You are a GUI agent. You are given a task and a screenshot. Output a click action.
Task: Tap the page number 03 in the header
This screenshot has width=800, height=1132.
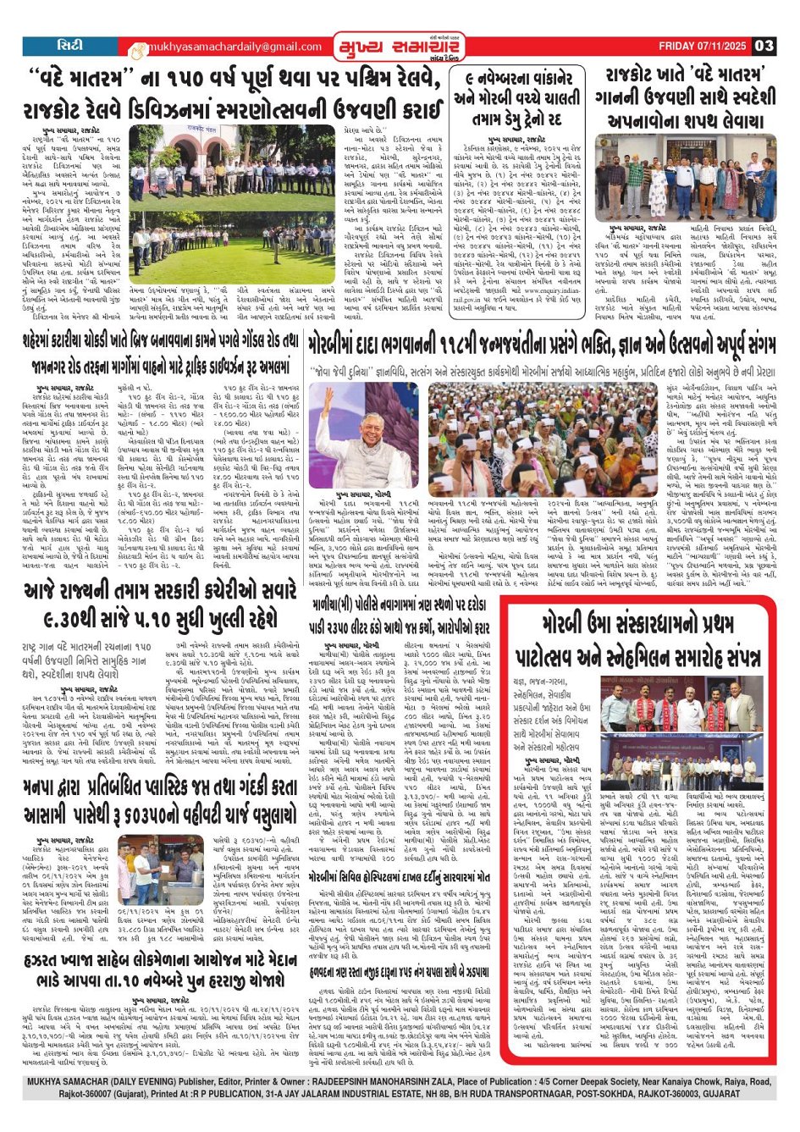pos(764,46)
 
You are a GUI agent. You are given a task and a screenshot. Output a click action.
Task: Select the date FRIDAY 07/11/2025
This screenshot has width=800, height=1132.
pos(702,46)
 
